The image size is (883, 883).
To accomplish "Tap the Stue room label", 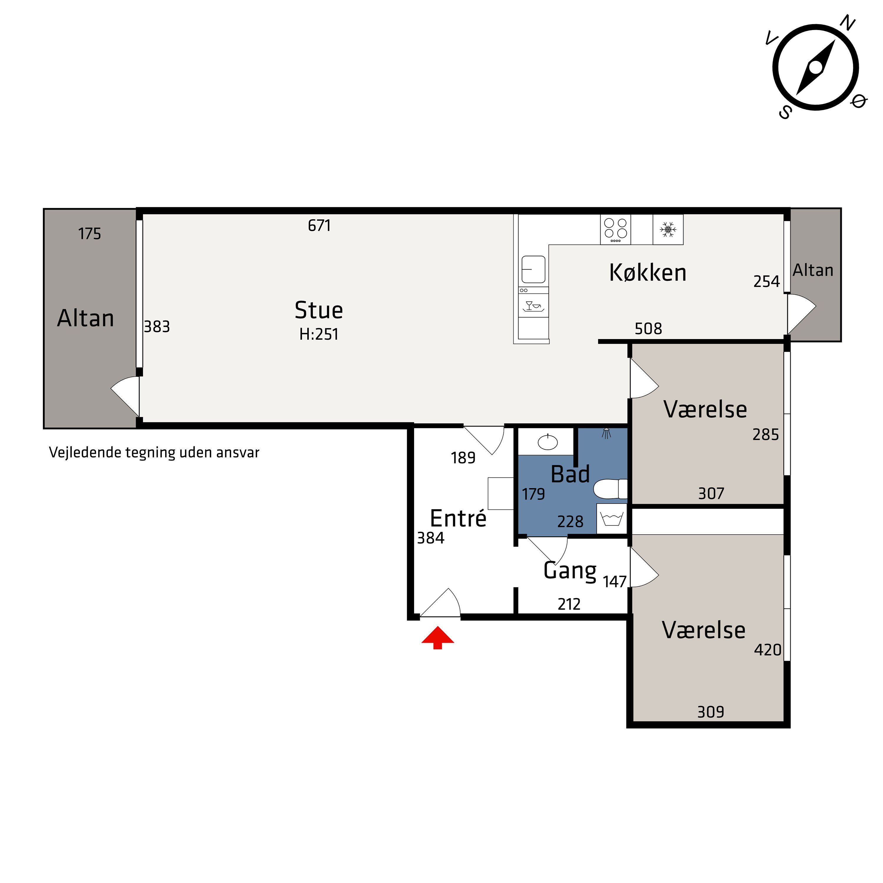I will pyautogui.click(x=318, y=310).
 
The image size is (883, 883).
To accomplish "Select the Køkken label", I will pyautogui.click(x=648, y=273).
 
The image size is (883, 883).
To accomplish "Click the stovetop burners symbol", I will pyautogui.click(x=615, y=230).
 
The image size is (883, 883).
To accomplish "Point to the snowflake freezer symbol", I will pyautogui.click(x=668, y=230).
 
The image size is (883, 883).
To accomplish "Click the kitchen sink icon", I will pyautogui.click(x=533, y=269).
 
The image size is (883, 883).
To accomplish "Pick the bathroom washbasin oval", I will pyautogui.click(x=547, y=442).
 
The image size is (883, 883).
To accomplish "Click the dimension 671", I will pyautogui.click(x=319, y=225).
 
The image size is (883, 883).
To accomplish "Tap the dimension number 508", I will pyautogui.click(x=648, y=328).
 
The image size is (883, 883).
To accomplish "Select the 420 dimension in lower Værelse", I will pyautogui.click(x=767, y=650).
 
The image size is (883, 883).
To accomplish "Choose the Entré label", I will pyautogui.click(x=458, y=519).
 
